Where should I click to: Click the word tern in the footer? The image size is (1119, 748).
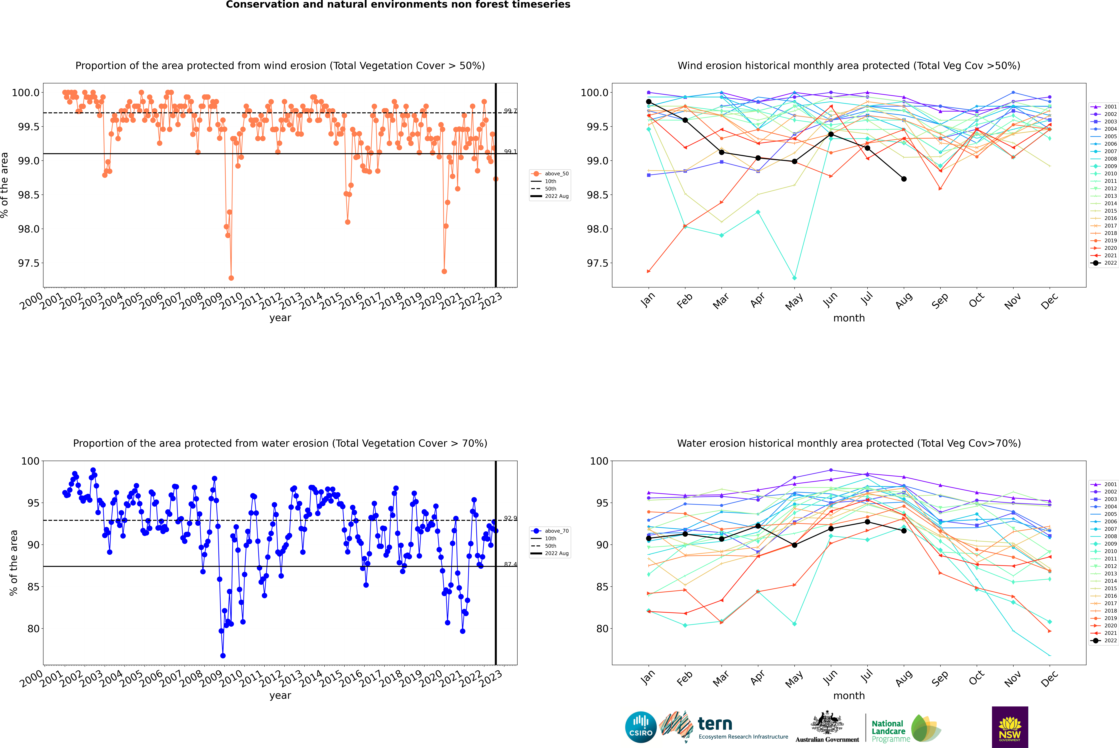click(x=715, y=724)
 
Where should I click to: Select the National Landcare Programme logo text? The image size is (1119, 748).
click(x=888, y=731)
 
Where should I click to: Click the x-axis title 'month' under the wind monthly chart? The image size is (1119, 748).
click(x=849, y=318)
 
